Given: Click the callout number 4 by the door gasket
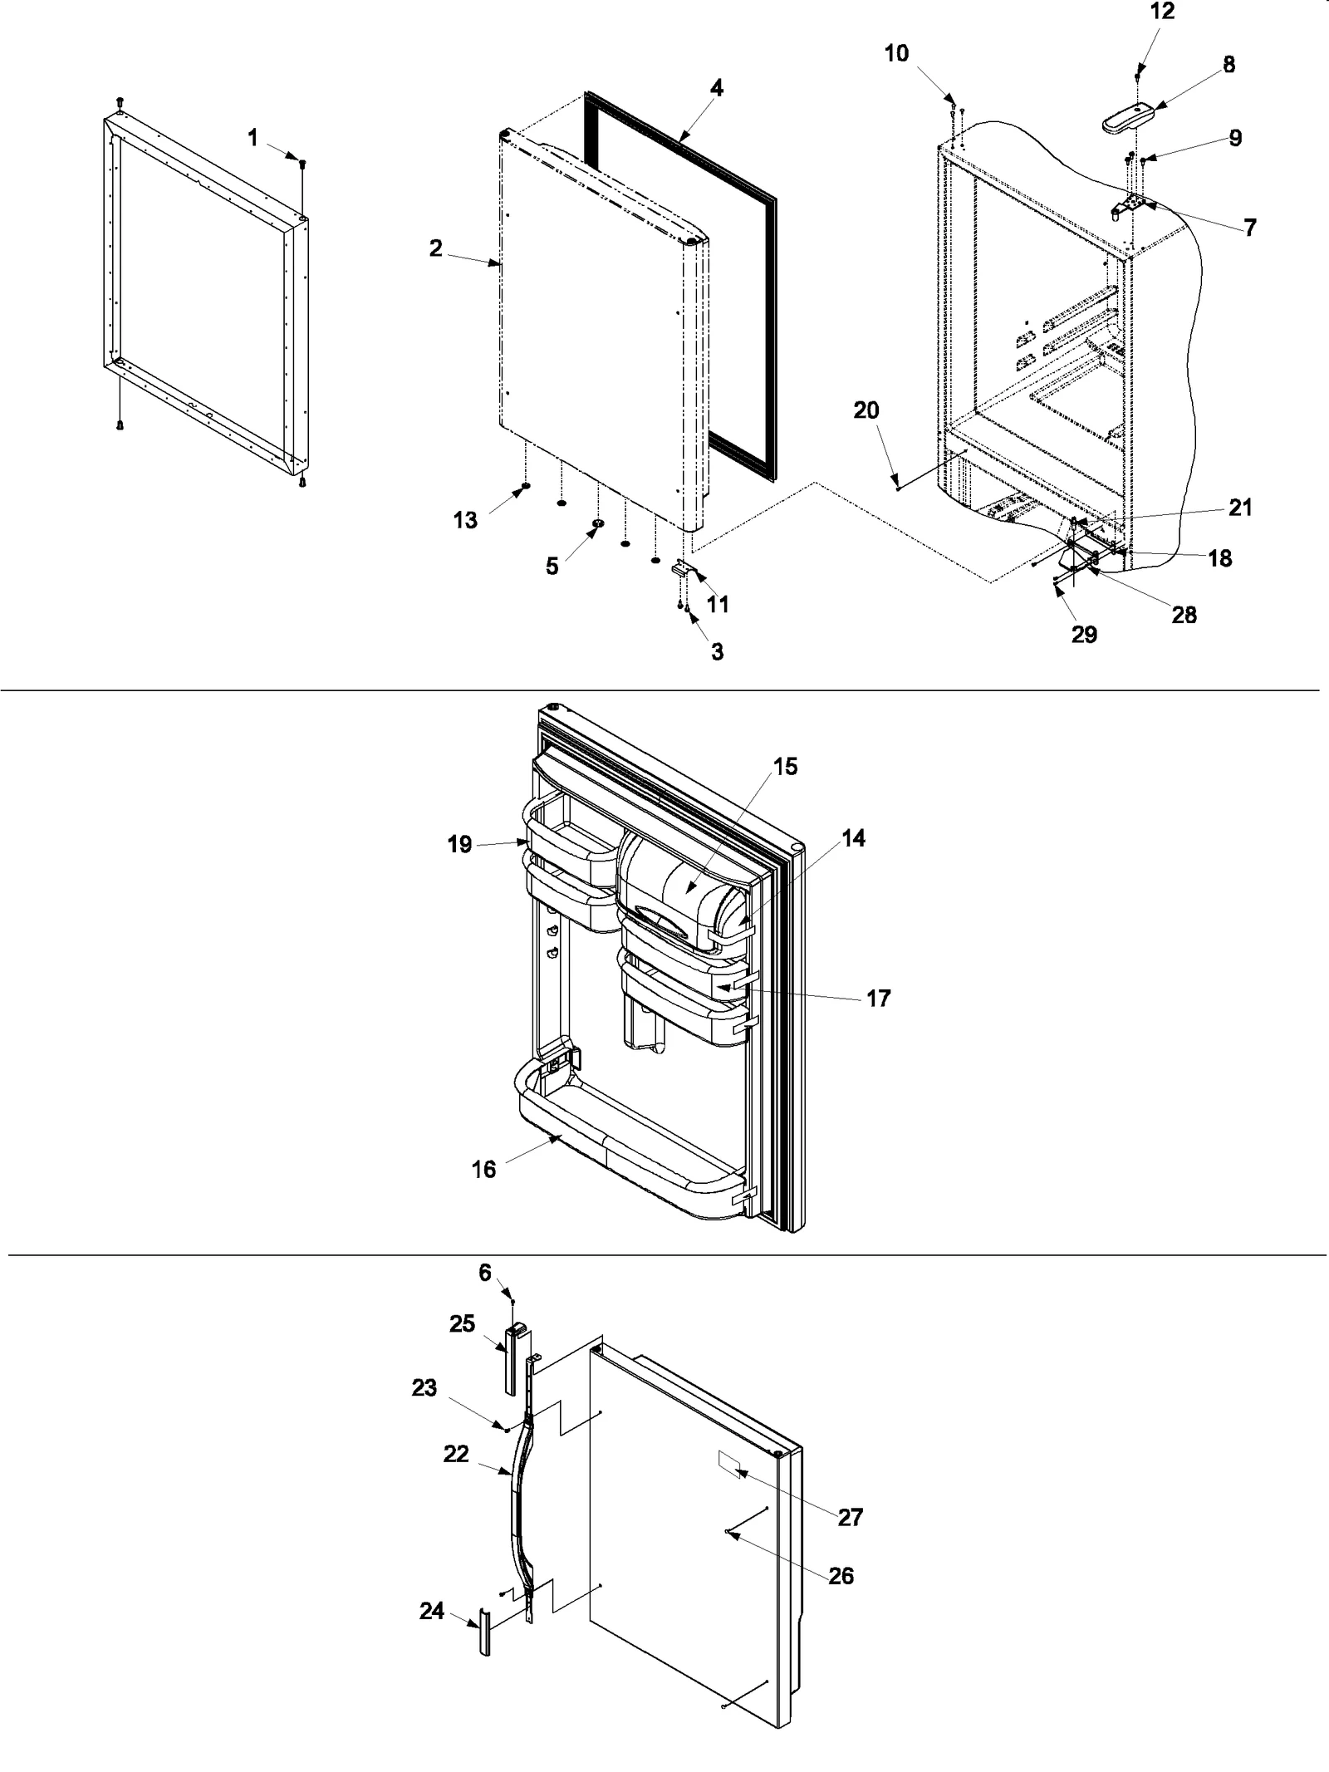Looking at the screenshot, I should pos(716,88).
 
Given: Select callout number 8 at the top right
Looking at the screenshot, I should pos(1228,65).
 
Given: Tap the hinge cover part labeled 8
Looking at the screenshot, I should pos(1129,118).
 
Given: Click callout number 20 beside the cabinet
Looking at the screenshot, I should pos(866,410).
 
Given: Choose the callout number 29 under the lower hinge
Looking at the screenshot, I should pos(1084,635).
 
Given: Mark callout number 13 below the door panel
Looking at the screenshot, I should pos(465,520).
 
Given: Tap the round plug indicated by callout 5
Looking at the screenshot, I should pos(597,523).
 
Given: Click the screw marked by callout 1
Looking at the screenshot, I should pos(302,163).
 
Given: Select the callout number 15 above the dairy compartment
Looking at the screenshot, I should pos(785,767).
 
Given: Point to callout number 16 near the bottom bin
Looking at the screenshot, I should pos(483,1170).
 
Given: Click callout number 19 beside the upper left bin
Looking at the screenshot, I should pos(459,845).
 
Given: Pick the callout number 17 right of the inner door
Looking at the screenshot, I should pos(878,998).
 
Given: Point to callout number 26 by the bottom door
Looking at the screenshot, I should pos(841,1576).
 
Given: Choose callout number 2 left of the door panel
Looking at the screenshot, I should pos(435,248).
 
